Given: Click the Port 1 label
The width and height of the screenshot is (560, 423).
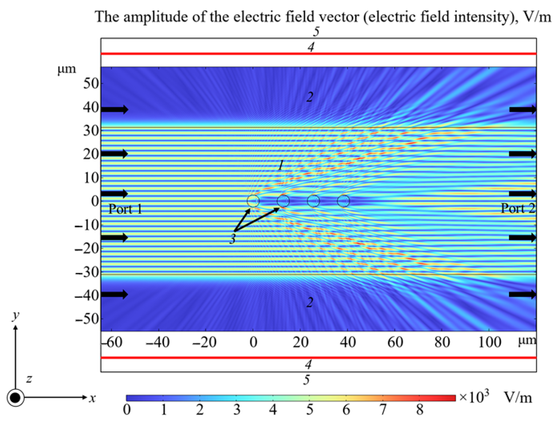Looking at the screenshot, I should coord(125,209).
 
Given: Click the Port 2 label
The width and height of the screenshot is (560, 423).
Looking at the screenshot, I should coord(518,208).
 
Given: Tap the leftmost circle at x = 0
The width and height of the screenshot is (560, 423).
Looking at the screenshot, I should coord(253,201).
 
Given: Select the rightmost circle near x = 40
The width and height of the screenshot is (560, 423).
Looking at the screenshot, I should coord(344,201).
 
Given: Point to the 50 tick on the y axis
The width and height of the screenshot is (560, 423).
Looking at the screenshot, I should coord(91,83).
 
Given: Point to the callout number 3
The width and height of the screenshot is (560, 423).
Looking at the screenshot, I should coord(232,239).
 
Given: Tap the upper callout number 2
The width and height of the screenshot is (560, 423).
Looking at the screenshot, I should coord(310,97).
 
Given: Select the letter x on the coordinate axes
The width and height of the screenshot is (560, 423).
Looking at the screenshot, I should coord(92,398).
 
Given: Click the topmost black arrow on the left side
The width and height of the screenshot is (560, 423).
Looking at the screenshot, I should coord(115,109).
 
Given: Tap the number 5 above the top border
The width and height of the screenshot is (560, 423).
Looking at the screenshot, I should coord(316,32).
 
